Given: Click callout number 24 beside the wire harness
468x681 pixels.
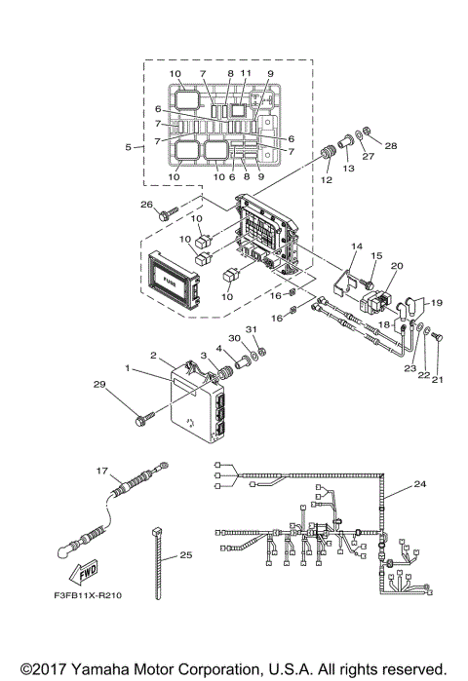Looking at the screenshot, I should (420, 484).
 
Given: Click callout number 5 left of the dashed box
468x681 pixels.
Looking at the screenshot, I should (128, 147).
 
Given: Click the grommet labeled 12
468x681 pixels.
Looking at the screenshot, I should (326, 155).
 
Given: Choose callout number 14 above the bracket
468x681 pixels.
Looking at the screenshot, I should (357, 247).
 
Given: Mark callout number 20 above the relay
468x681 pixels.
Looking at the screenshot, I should (397, 265).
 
